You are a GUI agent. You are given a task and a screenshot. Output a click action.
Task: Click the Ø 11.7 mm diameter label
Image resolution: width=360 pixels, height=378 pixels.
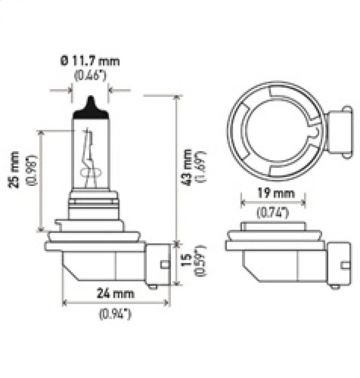89,61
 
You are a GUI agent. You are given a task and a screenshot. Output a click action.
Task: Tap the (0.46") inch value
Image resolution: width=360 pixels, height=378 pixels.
90,75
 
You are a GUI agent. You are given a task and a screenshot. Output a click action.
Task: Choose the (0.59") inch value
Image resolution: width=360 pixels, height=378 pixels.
200,262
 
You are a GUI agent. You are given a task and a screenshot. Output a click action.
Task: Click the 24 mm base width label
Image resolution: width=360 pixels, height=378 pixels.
115,293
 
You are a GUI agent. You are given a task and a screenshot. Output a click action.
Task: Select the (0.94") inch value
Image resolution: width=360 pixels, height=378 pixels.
115,313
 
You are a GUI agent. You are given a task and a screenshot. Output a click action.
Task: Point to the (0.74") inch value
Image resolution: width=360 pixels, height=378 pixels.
273,212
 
